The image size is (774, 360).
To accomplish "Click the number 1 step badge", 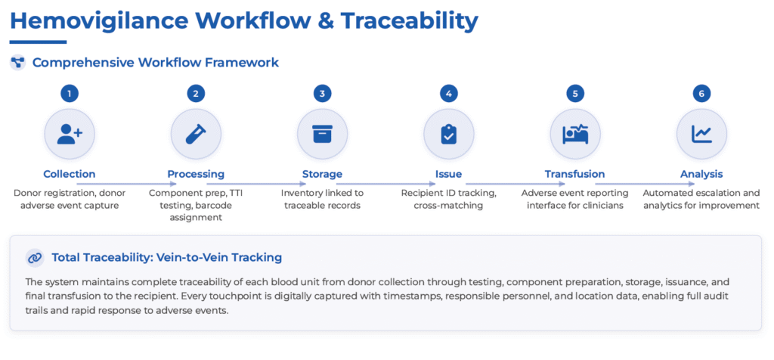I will coord(70,94).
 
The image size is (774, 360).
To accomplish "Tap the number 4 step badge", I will coord(449,94).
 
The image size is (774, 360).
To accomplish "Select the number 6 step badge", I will coord(701,94).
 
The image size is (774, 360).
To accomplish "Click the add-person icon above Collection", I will coord(70,134).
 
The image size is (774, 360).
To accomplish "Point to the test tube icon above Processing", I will coord(196,134).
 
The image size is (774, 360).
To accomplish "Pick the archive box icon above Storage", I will coord(322,134).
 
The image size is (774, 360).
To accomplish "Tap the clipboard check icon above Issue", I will coord(449,134).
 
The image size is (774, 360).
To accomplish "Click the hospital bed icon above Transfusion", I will coord(575,134).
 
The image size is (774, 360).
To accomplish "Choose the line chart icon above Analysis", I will coord(701,134).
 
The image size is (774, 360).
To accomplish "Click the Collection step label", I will coord(70,174).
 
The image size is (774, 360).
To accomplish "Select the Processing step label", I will coord(196,174).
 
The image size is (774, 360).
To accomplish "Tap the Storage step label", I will coord(322,174).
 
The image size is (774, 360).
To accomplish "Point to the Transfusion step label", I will coord(575,174).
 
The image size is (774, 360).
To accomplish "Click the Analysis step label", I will coord(701,174).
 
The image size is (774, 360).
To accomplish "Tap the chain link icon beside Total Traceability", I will coord(35,258).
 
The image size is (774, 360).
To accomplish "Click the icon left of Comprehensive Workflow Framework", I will coord(17,63).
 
